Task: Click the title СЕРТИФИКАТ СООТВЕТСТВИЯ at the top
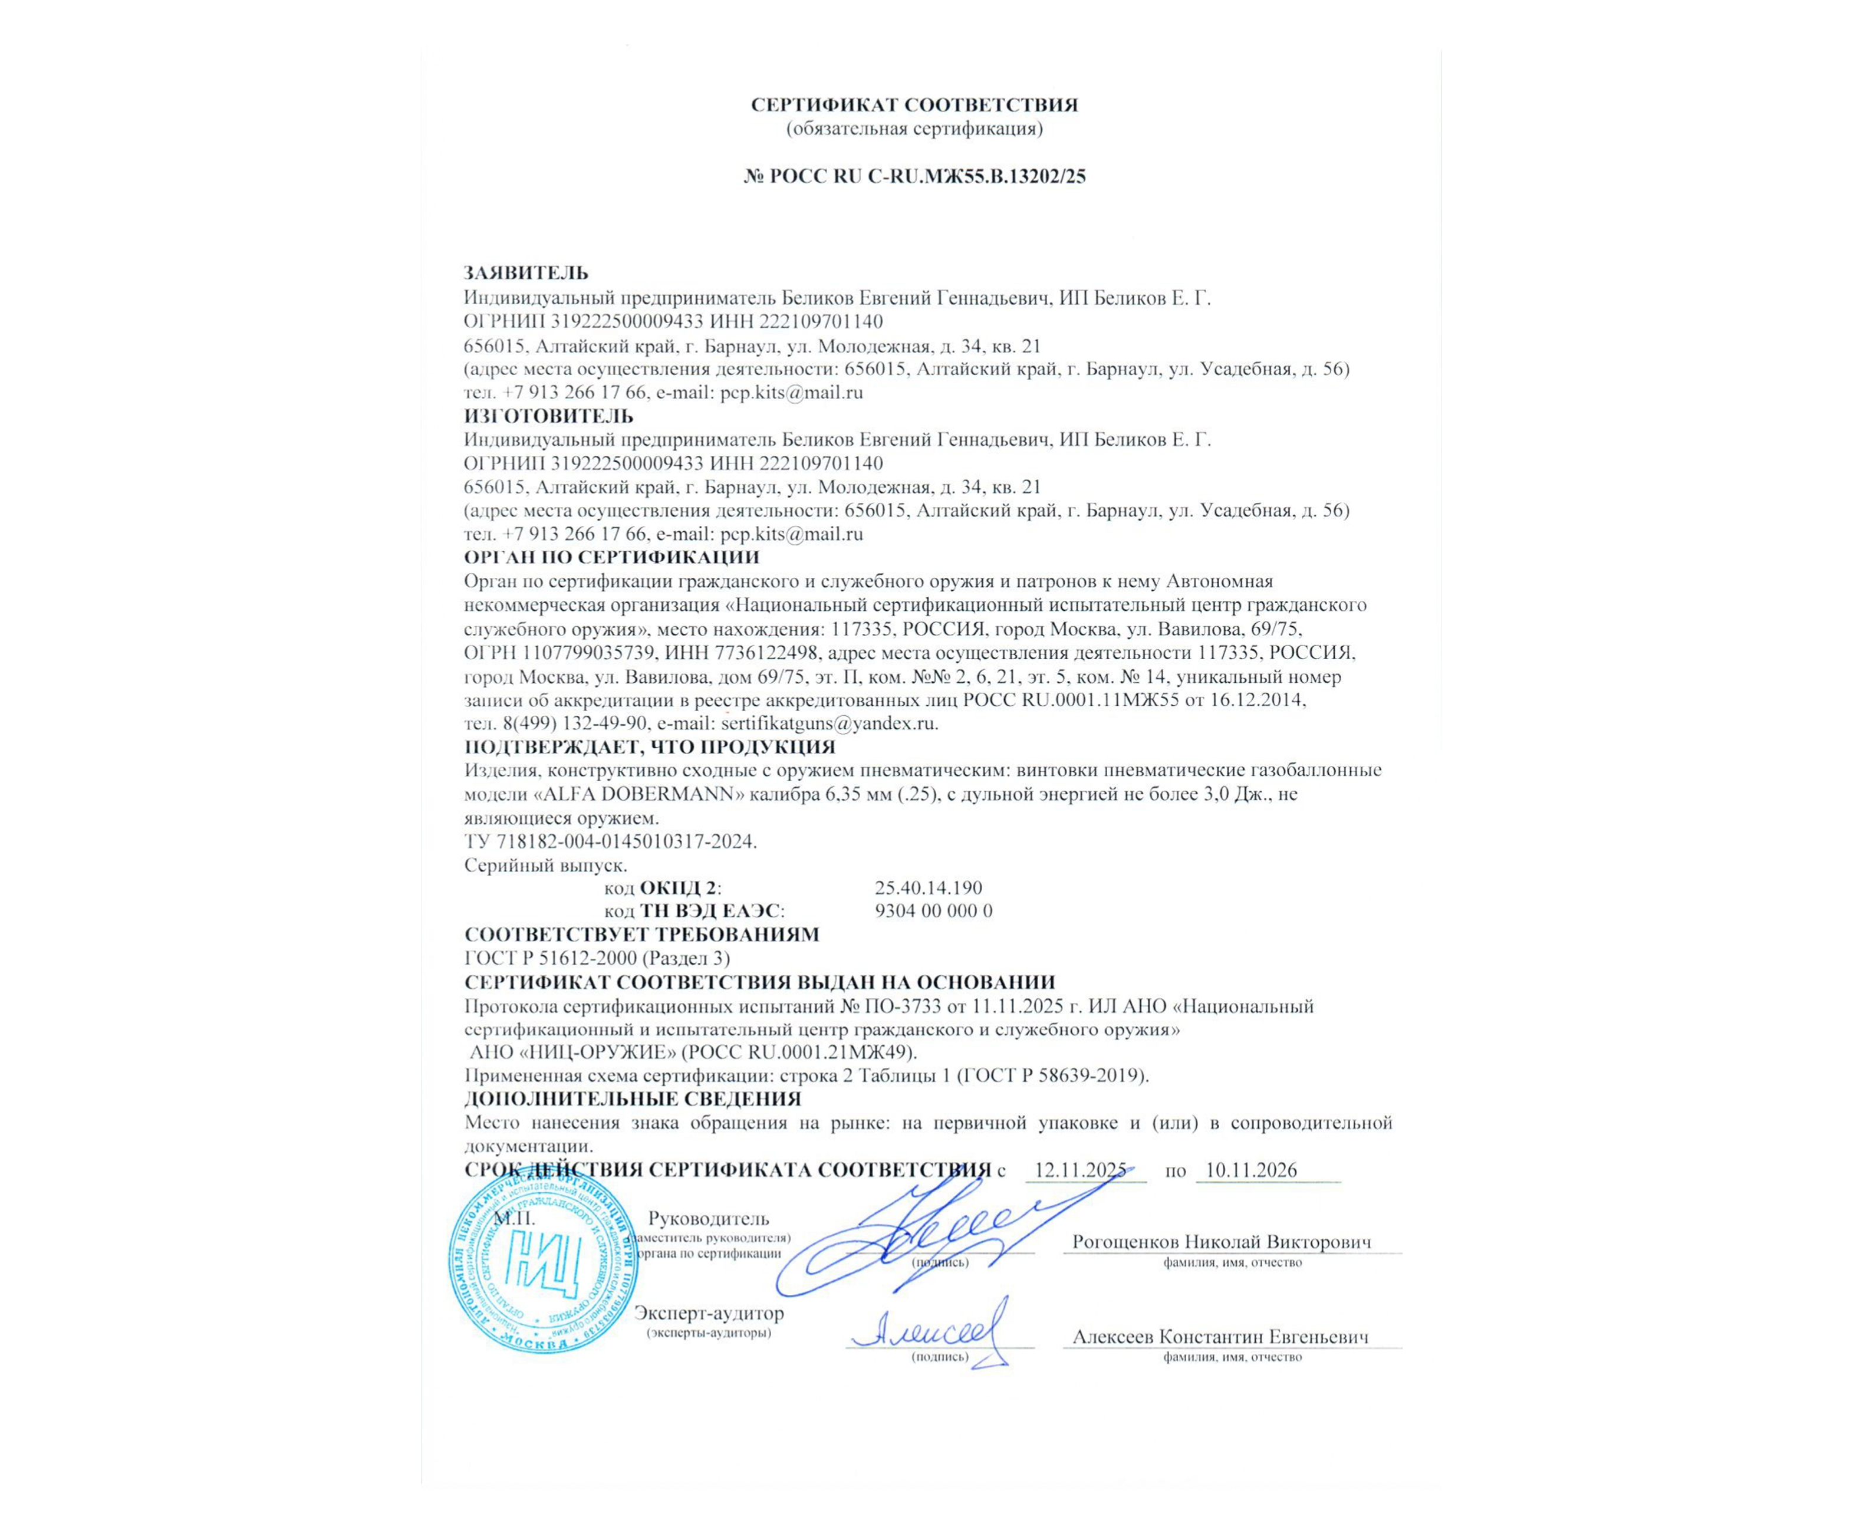coord(914,105)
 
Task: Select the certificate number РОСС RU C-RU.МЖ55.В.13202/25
coord(927,176)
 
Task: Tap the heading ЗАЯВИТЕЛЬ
coord(526,273)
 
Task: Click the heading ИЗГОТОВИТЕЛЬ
coord(548,415)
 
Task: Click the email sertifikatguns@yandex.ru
coord(829,723)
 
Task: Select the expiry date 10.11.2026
coord(1251,1171)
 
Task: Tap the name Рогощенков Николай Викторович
coord(1222,1242)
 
